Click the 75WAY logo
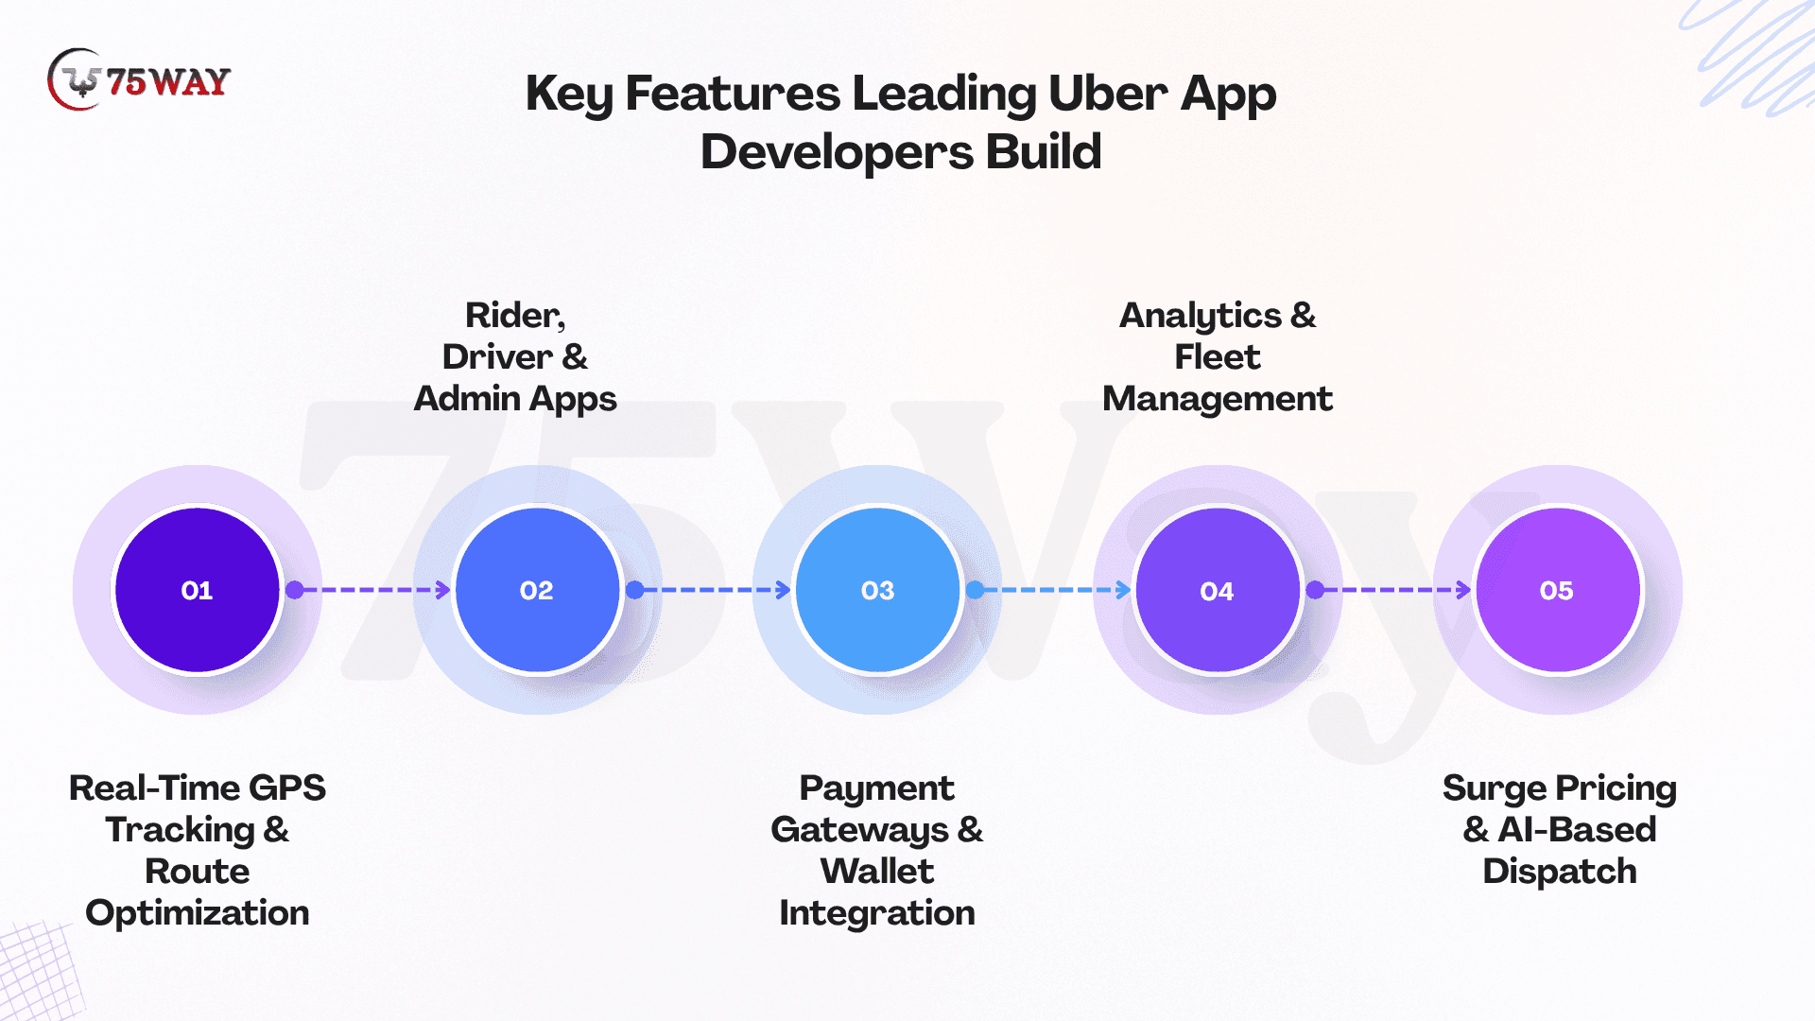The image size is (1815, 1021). [x=139, y=80]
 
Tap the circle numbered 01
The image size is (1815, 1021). [x=197, y=590]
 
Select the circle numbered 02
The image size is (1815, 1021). [x=537, y=590]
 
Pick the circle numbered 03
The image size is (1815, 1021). [x=877, y=590]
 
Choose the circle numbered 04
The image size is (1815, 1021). [x=1218, y=590]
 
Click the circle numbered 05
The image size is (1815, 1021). [x=1557, y=590]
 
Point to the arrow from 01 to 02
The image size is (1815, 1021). [x=371, y=590]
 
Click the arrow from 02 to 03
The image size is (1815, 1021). [x=711, y=590]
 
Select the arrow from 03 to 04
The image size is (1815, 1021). [x=1051, y=590]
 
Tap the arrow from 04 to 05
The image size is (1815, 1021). [x=1391, y=590]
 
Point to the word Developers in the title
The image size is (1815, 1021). [x=837, y=152]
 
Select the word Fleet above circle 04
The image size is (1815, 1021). [x=1217, y=357]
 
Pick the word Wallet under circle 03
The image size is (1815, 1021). [x=877, y=872]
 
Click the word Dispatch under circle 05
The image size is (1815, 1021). [x=1559, y=872]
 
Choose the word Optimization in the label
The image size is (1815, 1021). [x=197, y=913]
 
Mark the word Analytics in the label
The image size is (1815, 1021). [x=1201, y=316]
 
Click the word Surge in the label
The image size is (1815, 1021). [x=1494, y=788]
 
